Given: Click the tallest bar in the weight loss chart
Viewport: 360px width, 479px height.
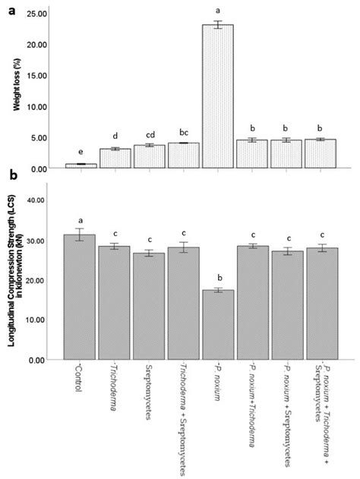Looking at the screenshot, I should pos(216,96).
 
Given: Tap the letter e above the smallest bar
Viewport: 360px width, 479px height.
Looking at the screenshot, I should pos(80,153).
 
